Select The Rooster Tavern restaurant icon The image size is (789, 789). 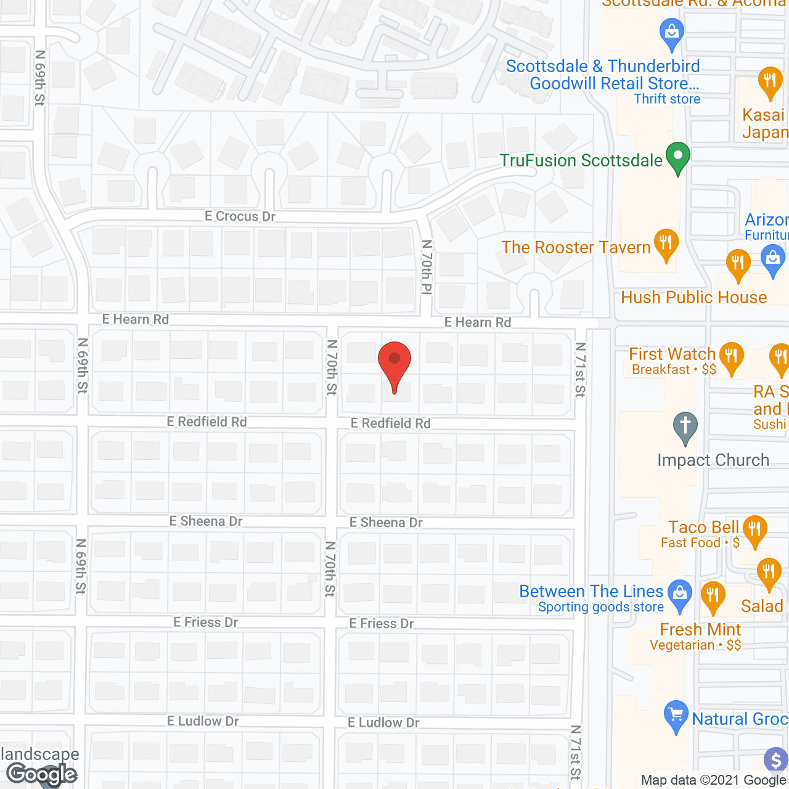(x=666, y=245)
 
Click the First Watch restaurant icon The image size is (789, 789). (x=731, y=358)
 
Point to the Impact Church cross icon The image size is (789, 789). (x=685, y=427)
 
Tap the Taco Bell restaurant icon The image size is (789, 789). (x=755, y=531)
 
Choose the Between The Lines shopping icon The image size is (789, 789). (x=680, y=595)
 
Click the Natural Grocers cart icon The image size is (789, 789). (x=676, y=716)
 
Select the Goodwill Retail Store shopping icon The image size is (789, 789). (x=672, y=33)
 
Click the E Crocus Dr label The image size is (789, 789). (x=240, y=216)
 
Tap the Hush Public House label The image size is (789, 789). (x=693, y=297)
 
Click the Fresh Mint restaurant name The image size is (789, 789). (x=700, y=629)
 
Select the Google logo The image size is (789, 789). (x=42, y=774)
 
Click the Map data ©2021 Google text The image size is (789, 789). (x=714, y=780)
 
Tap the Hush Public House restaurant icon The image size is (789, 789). (x=738, y=265)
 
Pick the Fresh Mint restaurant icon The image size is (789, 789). (x=713, y=597)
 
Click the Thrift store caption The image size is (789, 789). (x=667, y=99)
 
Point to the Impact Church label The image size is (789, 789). (x=713, y=460)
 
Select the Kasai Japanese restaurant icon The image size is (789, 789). (x=770, y=83)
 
